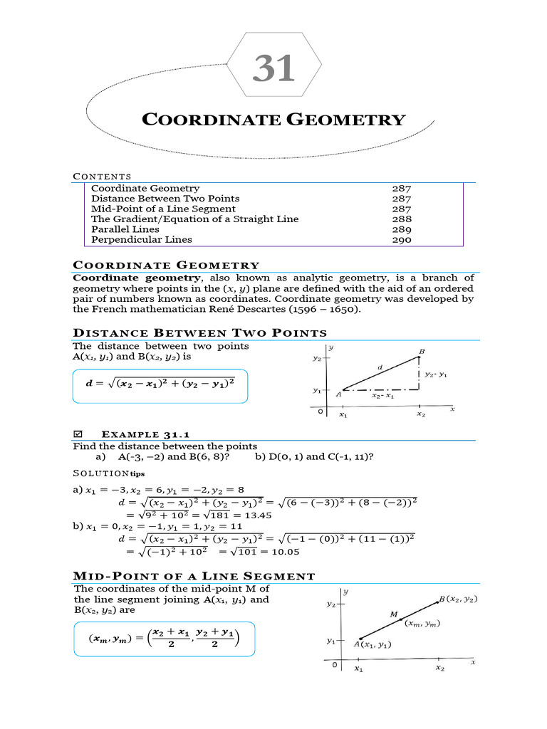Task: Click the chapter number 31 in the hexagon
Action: tap(274, 69)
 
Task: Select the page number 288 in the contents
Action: tap(402, 219)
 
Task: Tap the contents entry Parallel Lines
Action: tap(125, 229)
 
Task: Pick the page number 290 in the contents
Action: tap(402, 240)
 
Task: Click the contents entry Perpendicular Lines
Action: tap(142, 240)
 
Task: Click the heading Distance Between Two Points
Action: tap(200, 333)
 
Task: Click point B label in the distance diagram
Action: tap(422, 352)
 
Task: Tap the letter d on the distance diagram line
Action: tap(380, 367)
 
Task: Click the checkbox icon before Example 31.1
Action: tap(78, 434)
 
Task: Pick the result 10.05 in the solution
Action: tap(284, 551)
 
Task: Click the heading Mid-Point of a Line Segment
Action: tap(194, 576)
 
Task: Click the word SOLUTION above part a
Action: tap(100, 472)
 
